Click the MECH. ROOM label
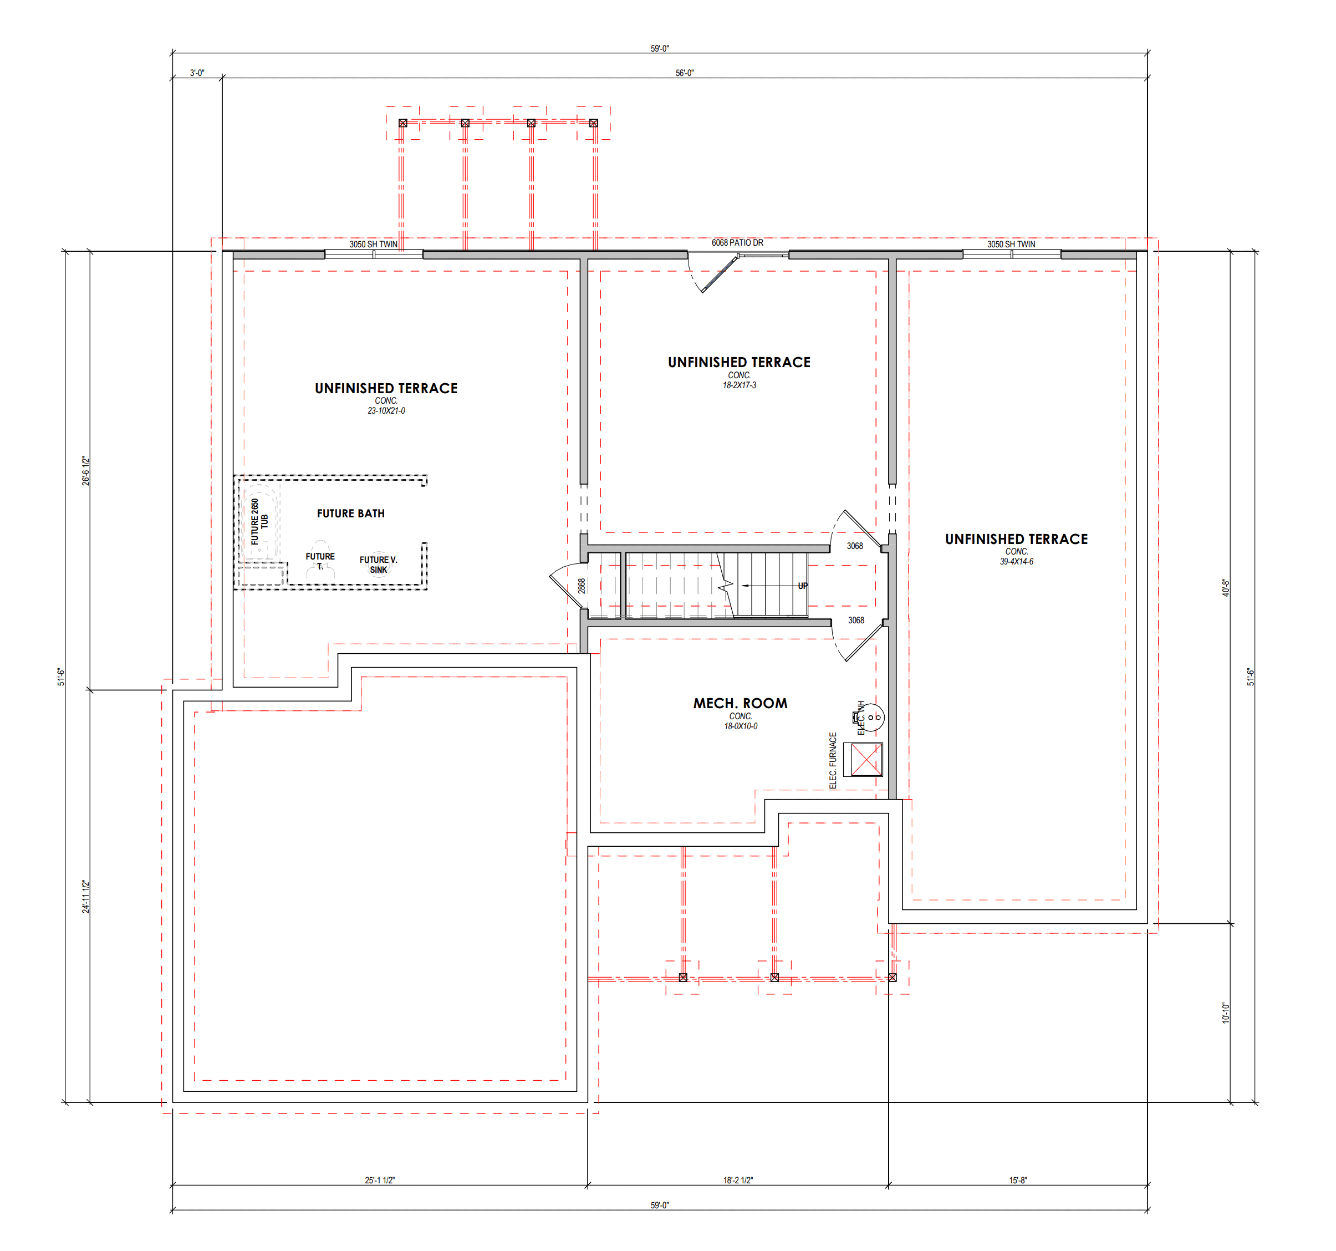[740, 703]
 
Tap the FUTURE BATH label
[351, 513]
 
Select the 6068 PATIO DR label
[737, 243]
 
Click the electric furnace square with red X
[866, 760]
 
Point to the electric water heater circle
[871, 717]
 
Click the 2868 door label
[582, 586]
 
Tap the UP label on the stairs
[802, 586]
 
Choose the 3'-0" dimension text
[197, 73]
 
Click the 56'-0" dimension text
[684, 73]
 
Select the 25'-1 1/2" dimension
[380, 1181]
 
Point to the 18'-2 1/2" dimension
[738, 1181]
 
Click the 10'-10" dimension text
[1225, 1013]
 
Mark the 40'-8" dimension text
[1225, 588]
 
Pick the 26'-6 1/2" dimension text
[85, 471]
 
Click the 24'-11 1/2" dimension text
[85, 897]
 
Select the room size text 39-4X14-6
[1016, 561]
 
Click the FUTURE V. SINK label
[379, 565]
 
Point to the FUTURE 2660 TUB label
[259, 522]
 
